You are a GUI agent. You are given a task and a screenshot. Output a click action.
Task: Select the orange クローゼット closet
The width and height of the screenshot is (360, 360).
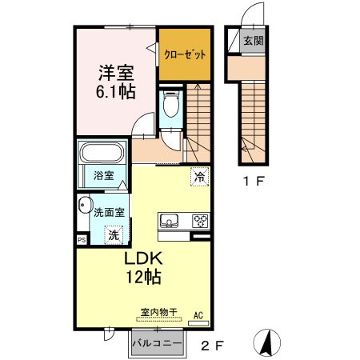(185, 54)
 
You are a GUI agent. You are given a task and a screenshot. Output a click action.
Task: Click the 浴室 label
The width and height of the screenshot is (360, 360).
(102, 174)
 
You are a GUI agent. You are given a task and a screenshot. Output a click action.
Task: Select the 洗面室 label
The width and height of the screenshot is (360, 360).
(108, 213)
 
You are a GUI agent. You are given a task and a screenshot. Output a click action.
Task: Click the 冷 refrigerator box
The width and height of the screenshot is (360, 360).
(199, 177)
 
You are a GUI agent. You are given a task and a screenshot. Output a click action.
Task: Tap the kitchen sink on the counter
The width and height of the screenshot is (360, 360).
(170, 222)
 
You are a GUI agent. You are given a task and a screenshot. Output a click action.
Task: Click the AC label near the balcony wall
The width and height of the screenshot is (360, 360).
(198, 314)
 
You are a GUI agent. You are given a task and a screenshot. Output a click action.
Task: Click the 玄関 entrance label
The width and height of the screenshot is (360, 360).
(253, 41)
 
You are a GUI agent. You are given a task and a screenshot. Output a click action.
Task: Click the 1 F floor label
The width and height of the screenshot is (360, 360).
(254, 182)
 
